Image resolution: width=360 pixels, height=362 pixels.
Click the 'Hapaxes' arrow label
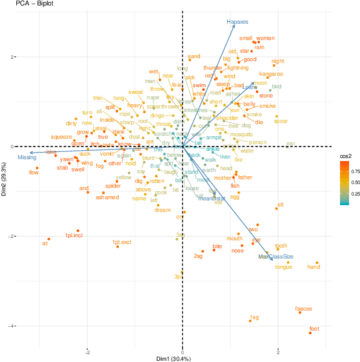click(x=238, y=22)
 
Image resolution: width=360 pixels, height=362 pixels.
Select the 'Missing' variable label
click(x=27, y=157)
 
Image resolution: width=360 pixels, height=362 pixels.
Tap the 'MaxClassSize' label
click(x=276, y=257)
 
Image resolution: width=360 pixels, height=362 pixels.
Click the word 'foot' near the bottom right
click(x=314, y=329)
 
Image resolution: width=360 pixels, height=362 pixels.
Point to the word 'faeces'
click(x=304, y=309)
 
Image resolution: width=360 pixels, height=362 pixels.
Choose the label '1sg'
click(x=254, y=317)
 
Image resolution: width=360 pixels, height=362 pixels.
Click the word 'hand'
click(x=313, y=267)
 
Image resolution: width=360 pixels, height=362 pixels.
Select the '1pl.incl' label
click(x=74, y=235)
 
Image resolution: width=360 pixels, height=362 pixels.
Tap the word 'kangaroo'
click(x=271, y=74)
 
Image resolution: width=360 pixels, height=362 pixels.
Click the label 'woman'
click(x=265, y=38)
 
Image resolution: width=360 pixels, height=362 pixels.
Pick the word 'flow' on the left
click(x=34, y=173)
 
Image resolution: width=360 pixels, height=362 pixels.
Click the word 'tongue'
click(x=284, y=266)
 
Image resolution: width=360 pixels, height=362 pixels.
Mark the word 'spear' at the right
click(x=281, y=121)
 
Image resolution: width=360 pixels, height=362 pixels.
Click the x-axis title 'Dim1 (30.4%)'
click(x=173, y=359)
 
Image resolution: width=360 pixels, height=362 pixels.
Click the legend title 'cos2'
click(x=345, y=156)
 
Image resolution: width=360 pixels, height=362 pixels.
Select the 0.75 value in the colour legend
click(x=353, y=171)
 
